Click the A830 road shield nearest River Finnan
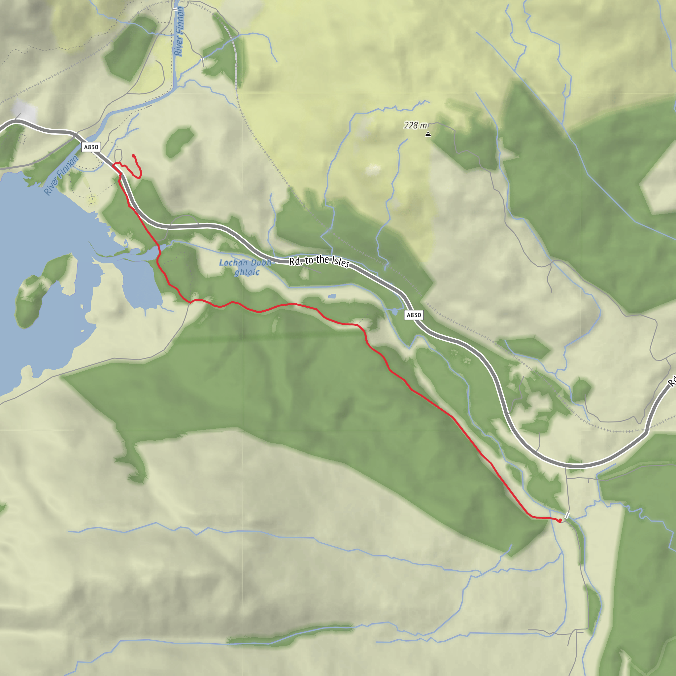(x=91, y=147)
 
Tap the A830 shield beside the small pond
(x=414, y=315)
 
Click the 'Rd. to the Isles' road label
(x=319, y=261)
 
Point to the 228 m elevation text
(x=415, y=125)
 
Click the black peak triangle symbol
(x=428, y=134)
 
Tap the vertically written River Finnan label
(x=179, y=31)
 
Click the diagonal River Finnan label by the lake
(x=61, y=175)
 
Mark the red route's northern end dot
(x=134, y=156)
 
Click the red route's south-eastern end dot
(x=560, y=521)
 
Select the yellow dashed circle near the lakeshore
(x=92, y=200)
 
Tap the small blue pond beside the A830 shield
(x=395, y=311)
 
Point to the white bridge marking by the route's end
(x=567, y=515)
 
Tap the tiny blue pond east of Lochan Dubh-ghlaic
(x=332, y=296)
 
